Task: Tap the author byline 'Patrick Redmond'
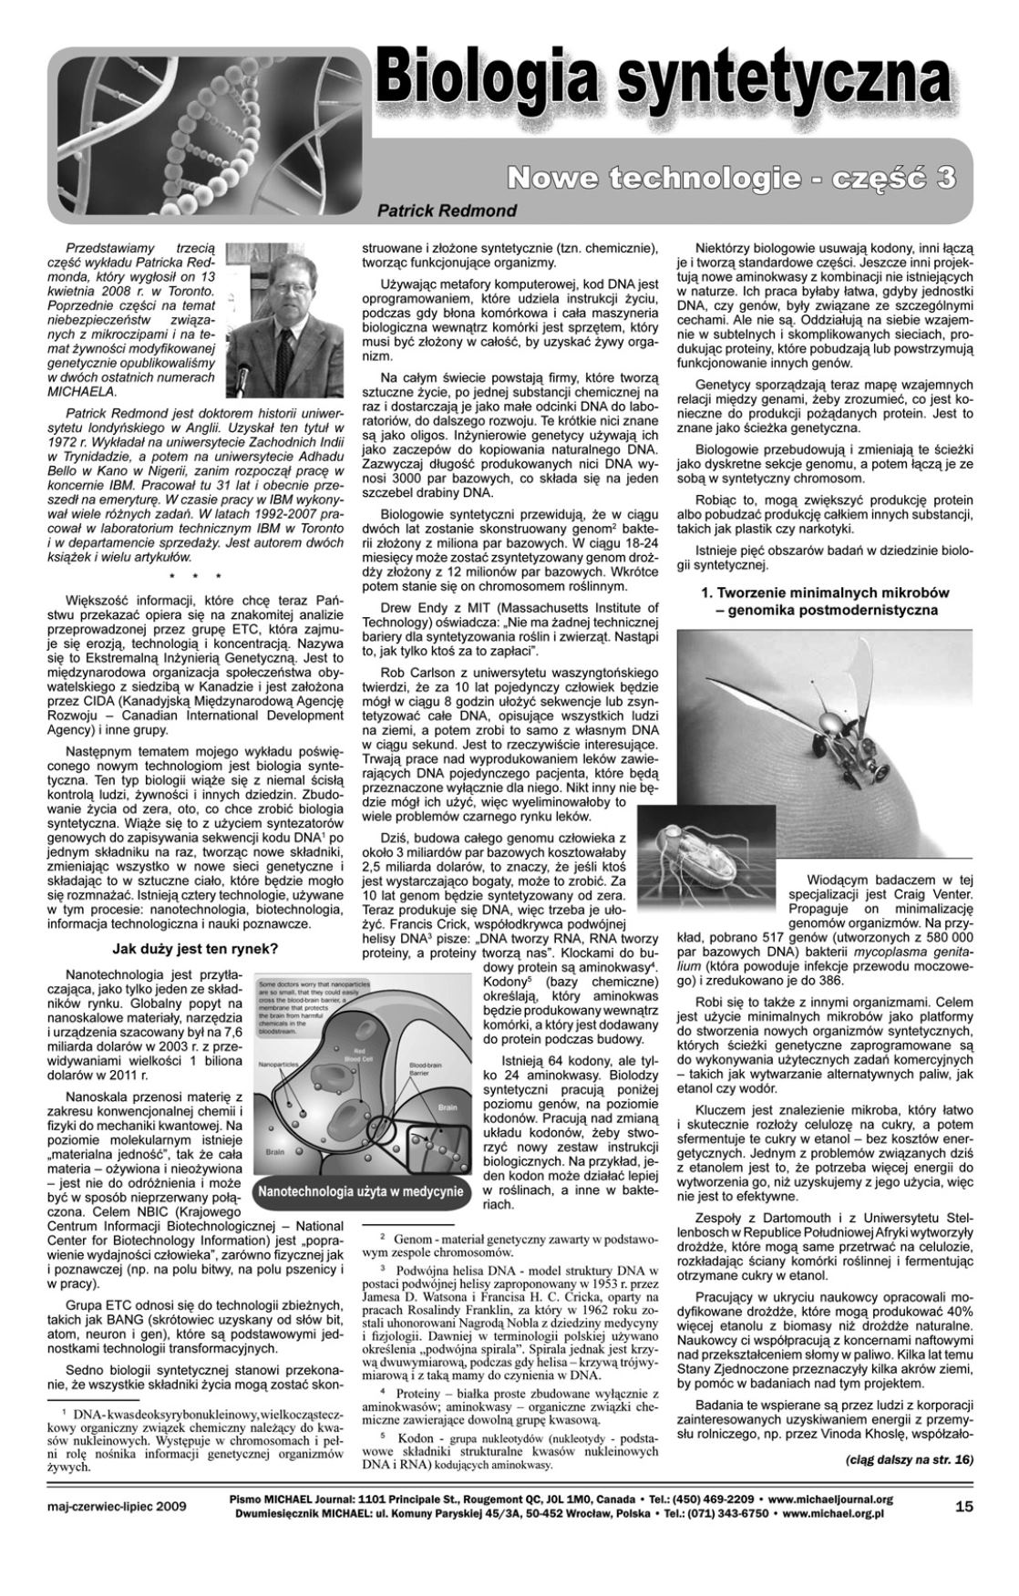click(x=447, y=211)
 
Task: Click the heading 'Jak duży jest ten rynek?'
click(x=194, y=948)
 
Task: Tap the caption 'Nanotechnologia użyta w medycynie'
click(x=361, y=1191)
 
